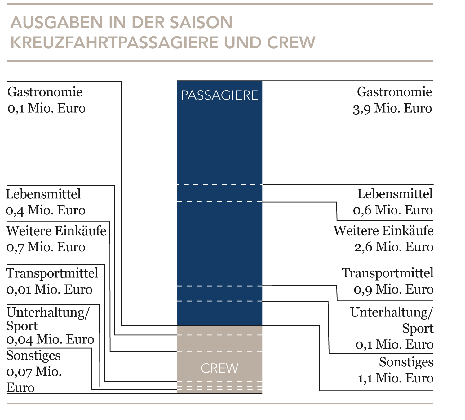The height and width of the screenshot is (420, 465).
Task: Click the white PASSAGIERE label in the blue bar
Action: point(219,95)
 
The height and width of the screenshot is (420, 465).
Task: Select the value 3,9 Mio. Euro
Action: point(392,108)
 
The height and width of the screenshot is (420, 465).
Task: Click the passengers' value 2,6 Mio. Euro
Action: point(394,247)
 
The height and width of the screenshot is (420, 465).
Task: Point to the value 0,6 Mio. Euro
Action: point(393,210)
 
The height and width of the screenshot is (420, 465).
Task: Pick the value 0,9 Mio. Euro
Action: point(394,290)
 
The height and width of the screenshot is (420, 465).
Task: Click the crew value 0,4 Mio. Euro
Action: point(46,210)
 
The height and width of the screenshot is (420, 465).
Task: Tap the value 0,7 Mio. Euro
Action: point(46,247)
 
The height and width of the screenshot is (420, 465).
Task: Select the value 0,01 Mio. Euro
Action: point(49,290)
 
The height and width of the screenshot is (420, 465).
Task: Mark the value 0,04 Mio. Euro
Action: point(50,340)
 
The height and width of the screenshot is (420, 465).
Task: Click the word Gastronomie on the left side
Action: point(45,92)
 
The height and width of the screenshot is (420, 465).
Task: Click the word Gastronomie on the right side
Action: point(395,92)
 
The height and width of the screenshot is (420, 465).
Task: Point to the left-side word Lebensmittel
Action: point(43,194)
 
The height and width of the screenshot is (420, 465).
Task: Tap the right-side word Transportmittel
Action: point(387,273)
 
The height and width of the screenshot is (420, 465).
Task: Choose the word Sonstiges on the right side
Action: point(406,362)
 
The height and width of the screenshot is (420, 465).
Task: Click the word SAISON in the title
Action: point(201,23)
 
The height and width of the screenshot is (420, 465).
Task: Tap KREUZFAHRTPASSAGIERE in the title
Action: point(114,43)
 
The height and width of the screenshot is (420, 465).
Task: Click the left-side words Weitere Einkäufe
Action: point(56,231)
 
